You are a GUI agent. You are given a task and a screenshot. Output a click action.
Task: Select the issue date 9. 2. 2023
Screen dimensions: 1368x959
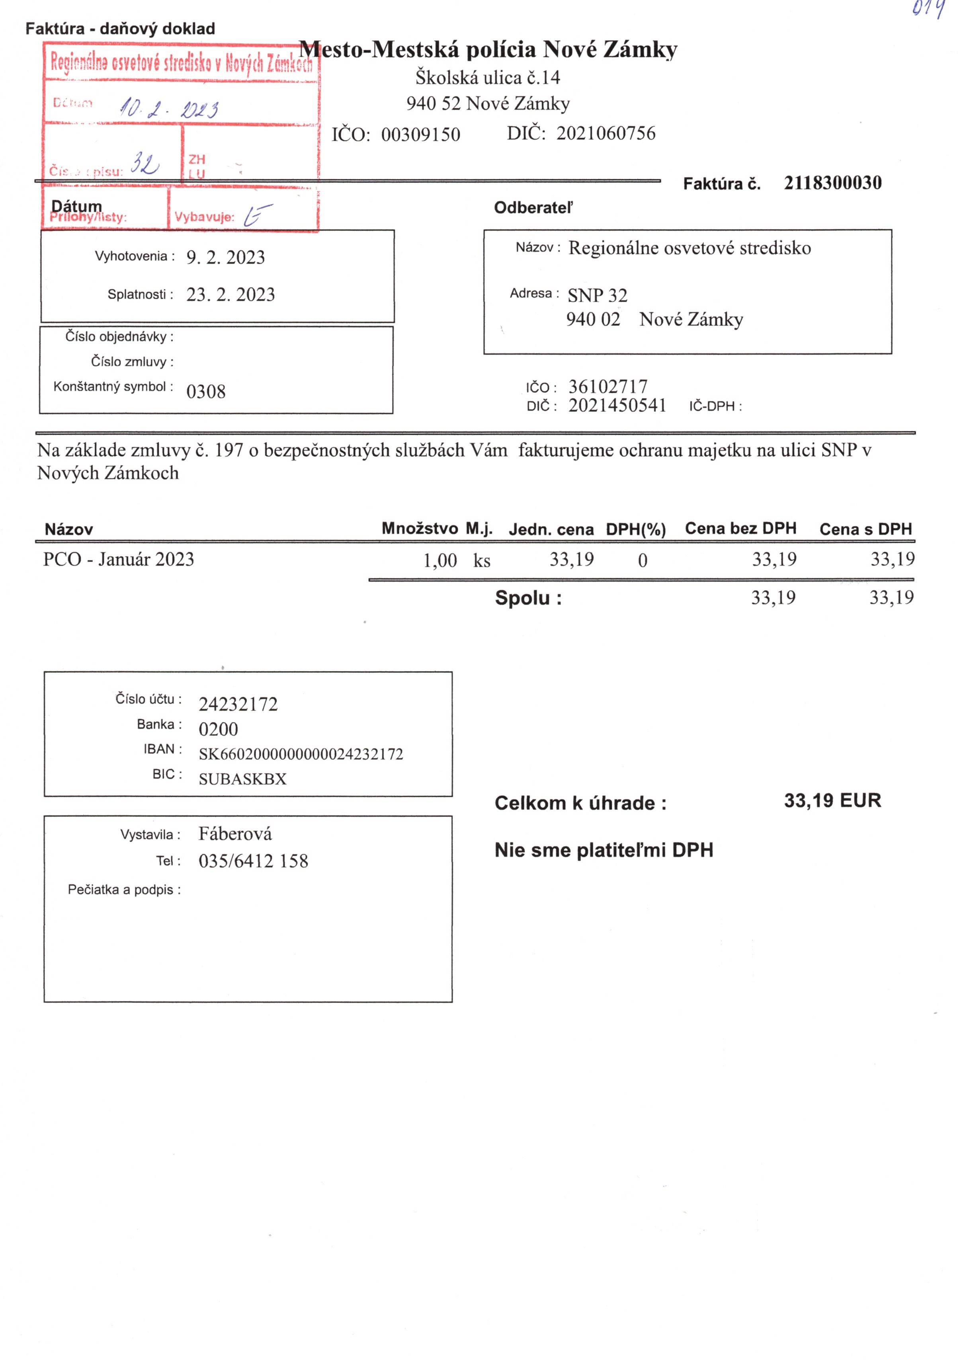pyautogui.click(x=225, y=258)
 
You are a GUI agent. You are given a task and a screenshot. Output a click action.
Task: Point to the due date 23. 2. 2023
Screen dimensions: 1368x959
pyautogui.click(x=230, y=295)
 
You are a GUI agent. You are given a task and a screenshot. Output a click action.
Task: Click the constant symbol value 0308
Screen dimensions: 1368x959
pyautogui.click(x=206, y=391)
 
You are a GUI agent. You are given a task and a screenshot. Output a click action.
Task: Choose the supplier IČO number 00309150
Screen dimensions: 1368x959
pyautogui.click(x=420, y=135)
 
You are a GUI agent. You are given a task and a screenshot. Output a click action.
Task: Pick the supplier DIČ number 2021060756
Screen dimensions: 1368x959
pyautogui.click(x=605, y=133)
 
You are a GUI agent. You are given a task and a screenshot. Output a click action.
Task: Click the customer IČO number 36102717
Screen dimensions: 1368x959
pyautogui.click(x=607, y=387)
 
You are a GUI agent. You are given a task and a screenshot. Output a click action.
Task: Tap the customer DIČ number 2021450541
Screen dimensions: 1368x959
pyautogui.click(x=617, y=406)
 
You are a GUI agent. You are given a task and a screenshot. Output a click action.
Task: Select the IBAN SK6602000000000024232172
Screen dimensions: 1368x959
pyautogui.click(x=301, y=754)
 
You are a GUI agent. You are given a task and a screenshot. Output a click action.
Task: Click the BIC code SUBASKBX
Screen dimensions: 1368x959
pyautogui.click(x=242, y=779)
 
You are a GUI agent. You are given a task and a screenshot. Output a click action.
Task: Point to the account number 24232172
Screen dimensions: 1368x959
pyautogui.click(x=238, y=704)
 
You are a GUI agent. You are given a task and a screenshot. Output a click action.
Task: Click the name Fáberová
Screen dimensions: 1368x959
pyautogui.click(x=235, y=833)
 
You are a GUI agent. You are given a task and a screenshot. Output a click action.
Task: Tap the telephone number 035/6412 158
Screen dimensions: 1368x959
pyautogui.click(x=253, y=861)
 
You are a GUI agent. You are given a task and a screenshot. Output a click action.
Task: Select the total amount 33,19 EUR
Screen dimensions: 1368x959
pyautogui.click(x=832, y=800)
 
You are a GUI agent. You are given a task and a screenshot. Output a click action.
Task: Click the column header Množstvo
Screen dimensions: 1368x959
pyautogui.click(x=420, y=529)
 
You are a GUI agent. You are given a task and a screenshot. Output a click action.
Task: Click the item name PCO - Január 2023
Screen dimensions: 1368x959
pyautogui.click(x=119, y=560)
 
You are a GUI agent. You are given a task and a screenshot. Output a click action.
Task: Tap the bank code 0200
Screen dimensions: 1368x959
pyautogui.click(x=218, y=729)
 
